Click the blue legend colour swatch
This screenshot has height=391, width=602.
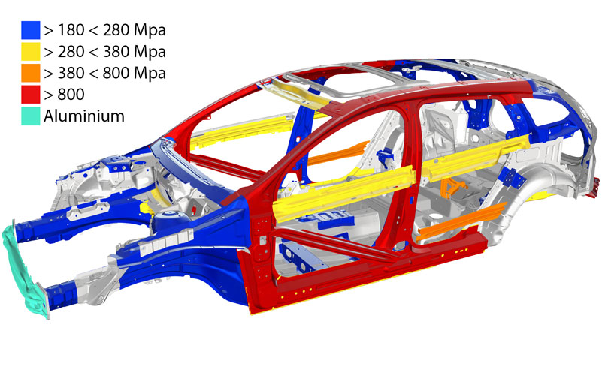click(31, 30)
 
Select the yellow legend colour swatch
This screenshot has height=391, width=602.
click(31, 51)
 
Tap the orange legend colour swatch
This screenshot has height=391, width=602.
click(31, 73)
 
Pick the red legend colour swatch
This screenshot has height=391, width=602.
click(31, 95)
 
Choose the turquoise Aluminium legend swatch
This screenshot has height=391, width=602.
click(31, 116)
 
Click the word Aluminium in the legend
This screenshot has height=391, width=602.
click(84, 116)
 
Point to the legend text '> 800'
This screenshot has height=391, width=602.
click(64, 95)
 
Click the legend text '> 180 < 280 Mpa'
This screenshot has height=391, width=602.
click(104, 30)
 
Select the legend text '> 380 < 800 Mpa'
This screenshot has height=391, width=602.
click(104, 74)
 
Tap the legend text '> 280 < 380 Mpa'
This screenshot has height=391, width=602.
click(104, 52)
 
